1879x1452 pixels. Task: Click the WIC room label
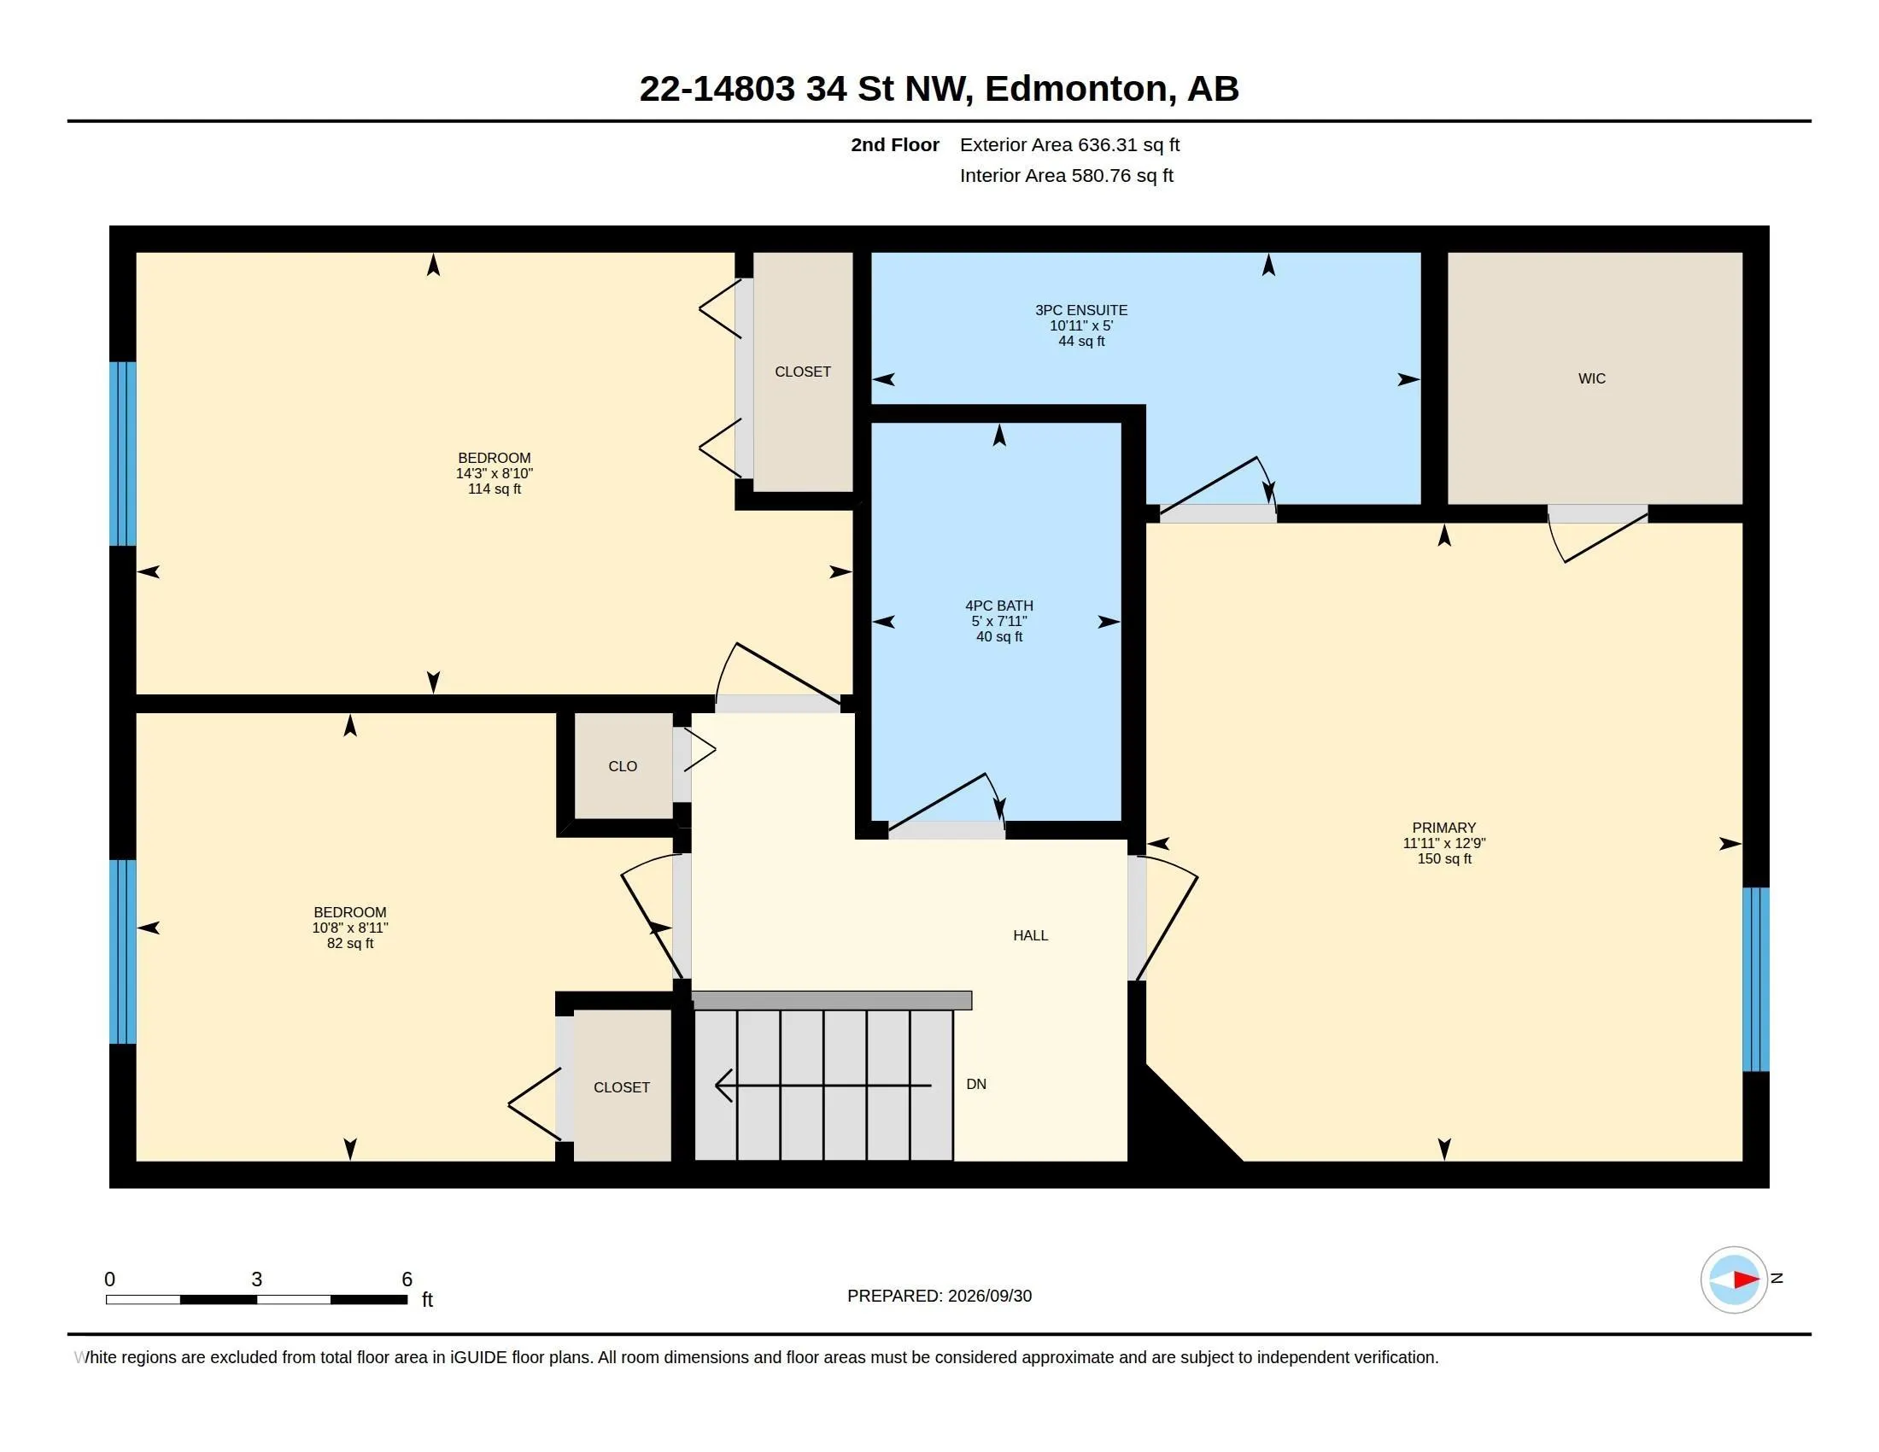pyautogui.click(x=1592, y=378)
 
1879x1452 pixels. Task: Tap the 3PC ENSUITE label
pyautogui.click(x=1080, y=310)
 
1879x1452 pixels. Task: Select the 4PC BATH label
pyautogui.click(x=999, y=606)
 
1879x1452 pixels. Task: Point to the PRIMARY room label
pyautogui.click(x=1443, y=828)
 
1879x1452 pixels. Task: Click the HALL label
pyautogui.click(x=1030, y=935)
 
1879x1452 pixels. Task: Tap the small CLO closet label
pyautogui.click(x=622, y=766)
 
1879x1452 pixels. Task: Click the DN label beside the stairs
pyautogui.click(x=975, y=1084)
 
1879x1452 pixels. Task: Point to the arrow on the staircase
pyautogui.click(x=823, y=1086)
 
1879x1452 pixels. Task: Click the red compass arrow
pyautogui.click(x=1746, y=1280)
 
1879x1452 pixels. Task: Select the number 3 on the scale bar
pyautogui.click(x=256, y=1279)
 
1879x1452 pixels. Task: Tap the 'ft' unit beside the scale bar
pyautogui.click(x=427, y=1300)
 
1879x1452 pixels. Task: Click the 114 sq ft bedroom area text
pyautogui.click(x=494, y=489)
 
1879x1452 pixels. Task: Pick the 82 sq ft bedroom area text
pyautogui.click(x=350, y=943)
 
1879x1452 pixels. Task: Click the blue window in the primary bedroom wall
pyautogui.click(x=1755, y=979)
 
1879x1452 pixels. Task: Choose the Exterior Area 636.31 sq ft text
pyautogui.click(x=1069, y=144)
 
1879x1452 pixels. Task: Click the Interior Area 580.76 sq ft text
pyautogui.click(x=1066, y=175)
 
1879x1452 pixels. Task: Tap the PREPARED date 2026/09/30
pyautogui.click(x=989, y=1297)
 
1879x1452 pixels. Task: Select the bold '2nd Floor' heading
pyautogui.click(x=895, y=144)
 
